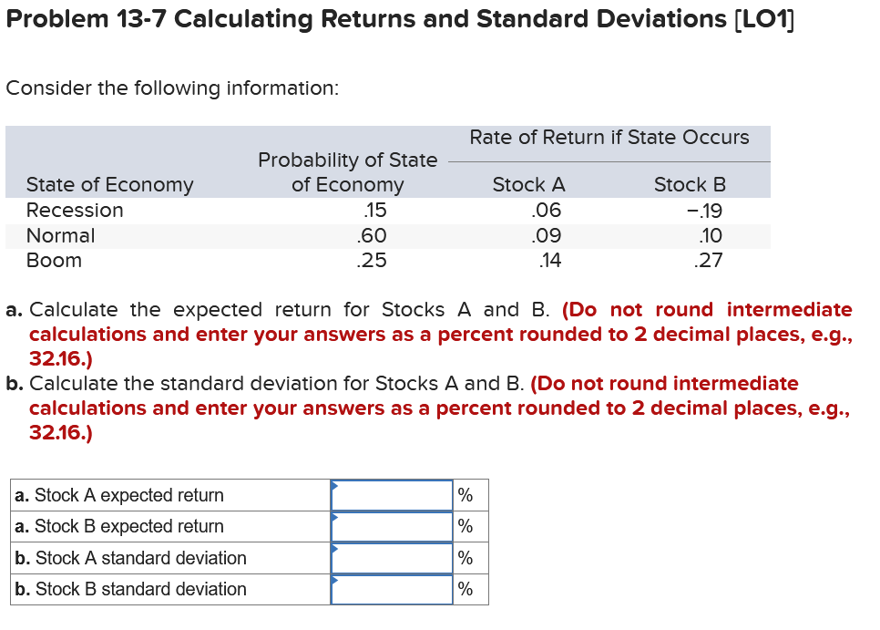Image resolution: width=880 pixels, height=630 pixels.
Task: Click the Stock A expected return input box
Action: point(392,495)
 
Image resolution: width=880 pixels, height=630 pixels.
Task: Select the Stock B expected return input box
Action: point(392,526)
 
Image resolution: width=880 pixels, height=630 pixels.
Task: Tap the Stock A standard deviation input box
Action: point(392,558)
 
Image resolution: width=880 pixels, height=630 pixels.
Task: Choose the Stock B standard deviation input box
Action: point(392,589)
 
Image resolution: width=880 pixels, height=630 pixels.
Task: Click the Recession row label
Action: point(75,210)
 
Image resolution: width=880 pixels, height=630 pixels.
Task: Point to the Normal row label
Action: point(60,235)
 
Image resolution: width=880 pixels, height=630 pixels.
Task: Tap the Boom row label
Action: point(54,260)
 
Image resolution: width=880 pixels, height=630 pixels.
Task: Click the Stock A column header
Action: point(528,184)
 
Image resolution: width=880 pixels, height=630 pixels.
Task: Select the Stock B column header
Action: point(690,184)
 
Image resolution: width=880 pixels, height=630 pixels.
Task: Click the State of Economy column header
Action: point(109,184)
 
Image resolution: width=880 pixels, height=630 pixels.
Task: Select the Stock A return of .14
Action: point(549,260)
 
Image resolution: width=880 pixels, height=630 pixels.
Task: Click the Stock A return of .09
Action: point(546,235)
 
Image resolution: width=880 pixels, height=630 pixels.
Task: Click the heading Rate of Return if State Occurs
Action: point(609,137)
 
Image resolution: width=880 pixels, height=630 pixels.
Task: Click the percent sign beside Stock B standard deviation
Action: point(465,589)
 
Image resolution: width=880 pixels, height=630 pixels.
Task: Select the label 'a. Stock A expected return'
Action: point(118,495)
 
